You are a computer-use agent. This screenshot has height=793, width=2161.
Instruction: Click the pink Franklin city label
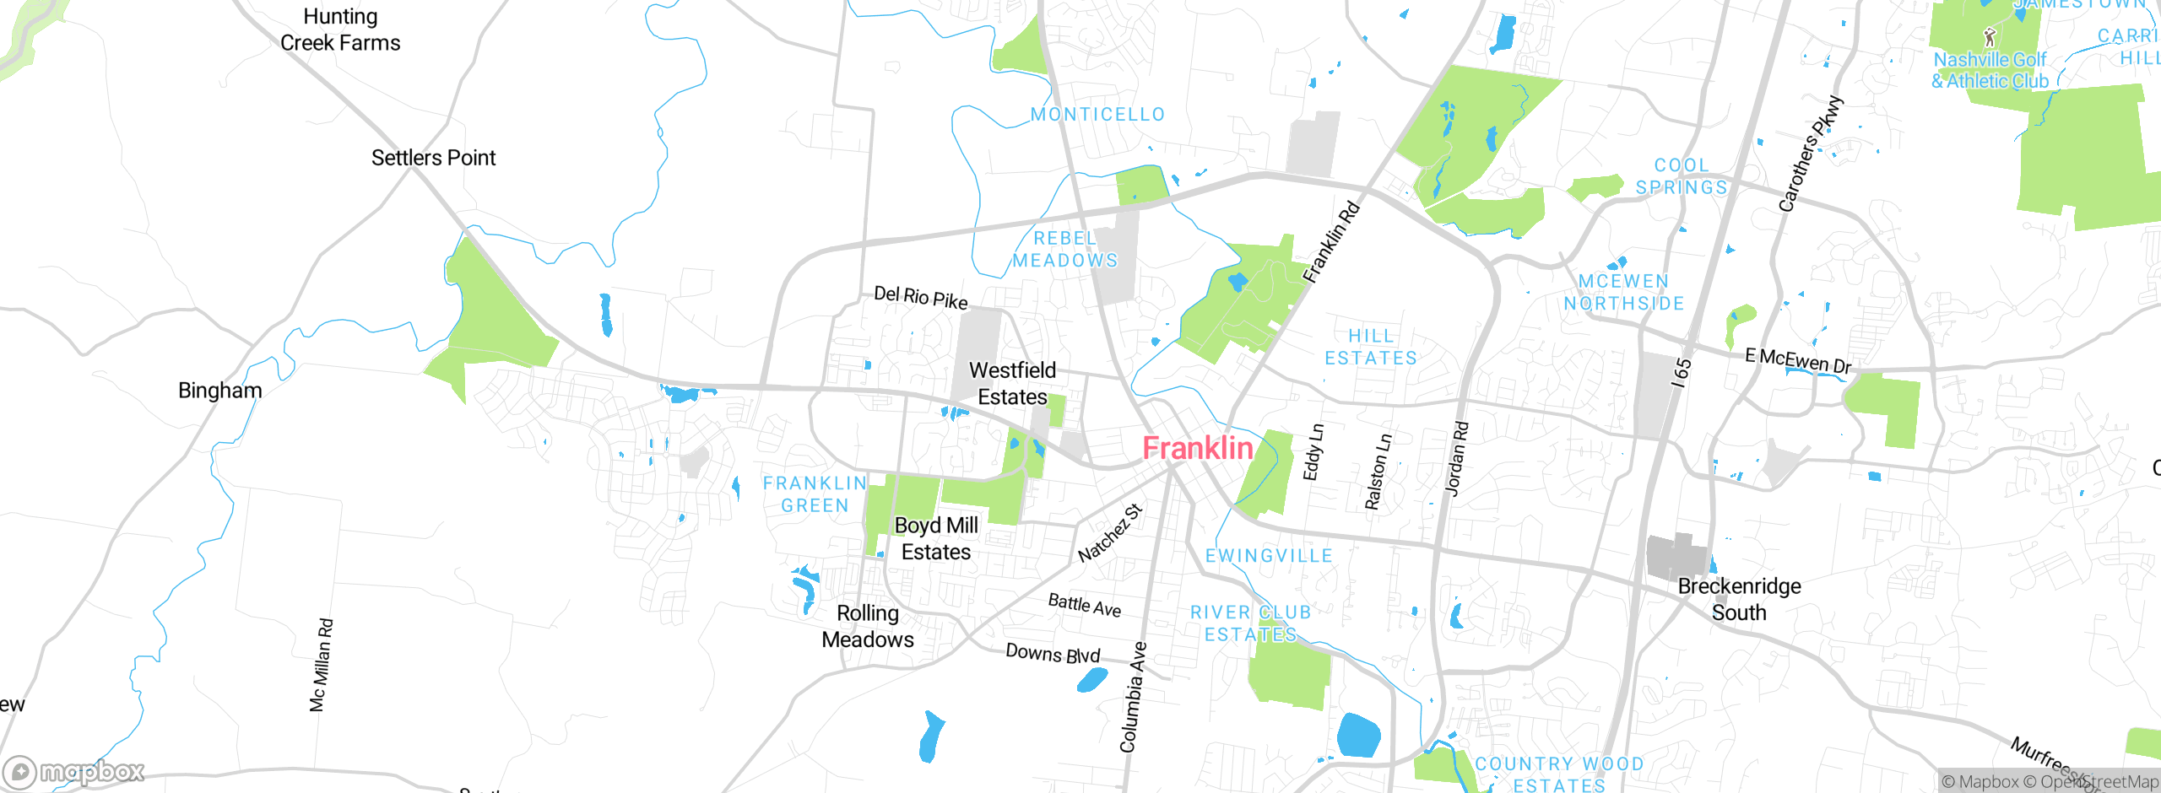[1197, 448]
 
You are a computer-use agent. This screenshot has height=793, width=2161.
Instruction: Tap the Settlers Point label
[433, 158]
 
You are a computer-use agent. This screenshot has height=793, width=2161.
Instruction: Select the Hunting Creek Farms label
[340, 30]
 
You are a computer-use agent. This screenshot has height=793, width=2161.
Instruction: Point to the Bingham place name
[219, 391]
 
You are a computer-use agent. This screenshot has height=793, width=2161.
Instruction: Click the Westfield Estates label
[1012, 384]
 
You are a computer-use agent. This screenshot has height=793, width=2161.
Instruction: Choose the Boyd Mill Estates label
[936, 538]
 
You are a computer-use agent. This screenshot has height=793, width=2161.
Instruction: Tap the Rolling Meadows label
[868, 626]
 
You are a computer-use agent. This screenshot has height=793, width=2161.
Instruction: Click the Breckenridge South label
[1739, 599]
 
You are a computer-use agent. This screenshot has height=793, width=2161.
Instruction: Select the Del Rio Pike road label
[920, 297]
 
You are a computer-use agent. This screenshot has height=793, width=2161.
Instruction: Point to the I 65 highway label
[1682, 372]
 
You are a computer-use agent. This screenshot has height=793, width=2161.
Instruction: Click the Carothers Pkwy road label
[1810, 154]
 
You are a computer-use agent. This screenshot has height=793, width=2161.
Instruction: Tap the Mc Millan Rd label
[321, 665]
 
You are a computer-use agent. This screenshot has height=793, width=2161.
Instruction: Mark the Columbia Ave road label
[1133, 697]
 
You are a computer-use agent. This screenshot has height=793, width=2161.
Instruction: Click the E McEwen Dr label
[1797, 361]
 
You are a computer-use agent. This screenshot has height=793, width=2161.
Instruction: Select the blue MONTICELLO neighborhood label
[1097, 115]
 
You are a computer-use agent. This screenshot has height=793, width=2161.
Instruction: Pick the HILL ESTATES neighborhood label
[1371, 348]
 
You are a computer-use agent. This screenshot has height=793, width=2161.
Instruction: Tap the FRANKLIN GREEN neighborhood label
[815, 494]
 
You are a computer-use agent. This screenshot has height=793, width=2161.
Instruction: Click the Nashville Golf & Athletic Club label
[1990, 70]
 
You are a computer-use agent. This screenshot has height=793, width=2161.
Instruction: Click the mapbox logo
[74, 771]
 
